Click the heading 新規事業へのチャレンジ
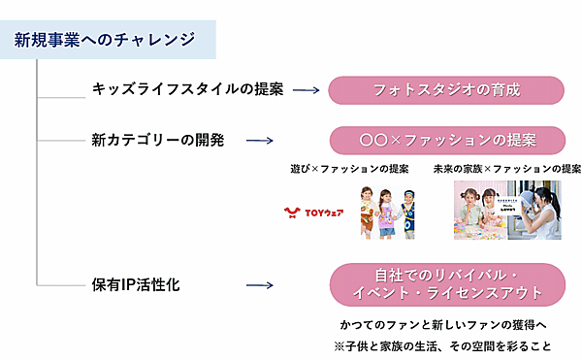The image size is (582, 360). pyautogui.click(x=105, y=41)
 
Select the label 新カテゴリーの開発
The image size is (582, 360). pyautogui.click(x=157, y=140)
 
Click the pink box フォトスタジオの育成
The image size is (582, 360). pyautogui.click(x=446, y=90)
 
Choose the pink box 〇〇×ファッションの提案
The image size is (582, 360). pyautogui.click(x=446, y=140)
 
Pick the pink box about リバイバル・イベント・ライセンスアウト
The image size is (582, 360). pyautogui.click(x=446, y=282)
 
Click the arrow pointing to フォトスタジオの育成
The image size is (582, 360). pyautogui.click(x=307, y=90)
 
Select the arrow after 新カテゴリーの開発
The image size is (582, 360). pyautogui.click(x=258, y=141)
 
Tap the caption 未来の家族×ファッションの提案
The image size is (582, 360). pyautogui.click(x=499, y=168)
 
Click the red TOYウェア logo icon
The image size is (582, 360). pyautogui.click(x=291, y=212)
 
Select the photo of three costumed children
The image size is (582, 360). pyautogui.click(x=387, y=212)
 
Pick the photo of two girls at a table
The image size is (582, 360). pyautogui.click(x=485, y=212)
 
